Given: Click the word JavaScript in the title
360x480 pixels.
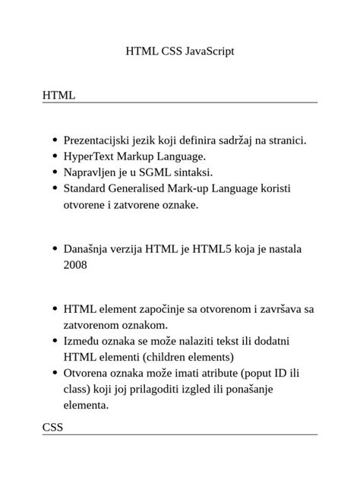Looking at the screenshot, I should (210, 52).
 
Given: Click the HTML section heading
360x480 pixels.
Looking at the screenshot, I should (58, 96).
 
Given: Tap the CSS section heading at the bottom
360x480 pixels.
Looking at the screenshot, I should (52, 428).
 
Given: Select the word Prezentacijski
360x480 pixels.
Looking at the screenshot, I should (97, 141).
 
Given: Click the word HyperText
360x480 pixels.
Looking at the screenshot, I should (90, 156).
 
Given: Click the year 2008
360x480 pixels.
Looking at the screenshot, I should (75, 265).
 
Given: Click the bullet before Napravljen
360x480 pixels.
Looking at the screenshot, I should (55, 173).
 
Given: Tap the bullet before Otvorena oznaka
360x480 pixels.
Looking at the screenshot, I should (55, 374).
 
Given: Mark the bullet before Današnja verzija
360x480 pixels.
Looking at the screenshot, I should (55, 249).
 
